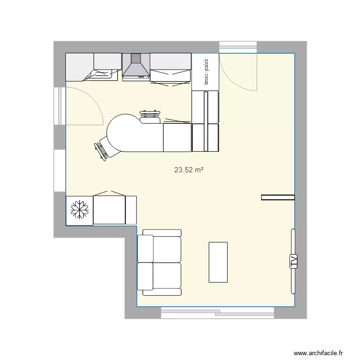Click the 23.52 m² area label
click(x=188, y=169)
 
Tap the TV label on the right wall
click(x=292, y=261)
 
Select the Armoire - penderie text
click(x=205, y=71)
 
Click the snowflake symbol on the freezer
click(x=79, y=210)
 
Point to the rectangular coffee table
click(x=218, y=262)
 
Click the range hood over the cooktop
click(x=136, y=66)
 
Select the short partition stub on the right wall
click(x=277, y=197)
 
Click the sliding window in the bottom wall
click(x=217, y=313)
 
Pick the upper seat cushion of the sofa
click(x=160, y=249)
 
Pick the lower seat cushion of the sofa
click(x=160, y=276)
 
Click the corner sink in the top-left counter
click(x=102, y=74)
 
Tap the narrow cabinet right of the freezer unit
click(x=131, y=210)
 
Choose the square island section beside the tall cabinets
click(x=177, y=137)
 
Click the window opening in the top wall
click(x=238, y=47)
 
